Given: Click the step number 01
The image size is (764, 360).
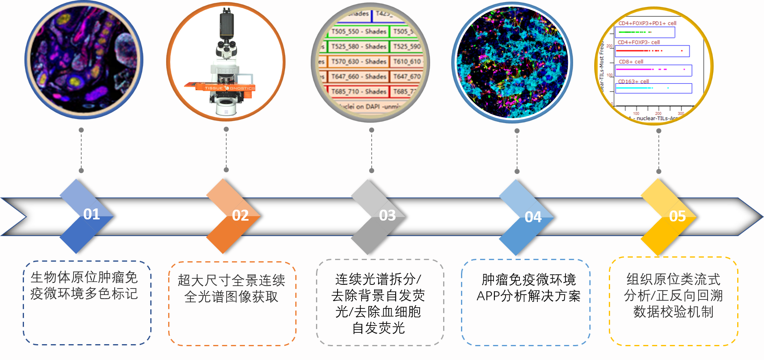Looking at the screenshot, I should (x=91, y=214).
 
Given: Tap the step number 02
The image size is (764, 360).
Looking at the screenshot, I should (x=240, y=215).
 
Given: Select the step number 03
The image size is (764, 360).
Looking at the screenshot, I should (x=387, y=215).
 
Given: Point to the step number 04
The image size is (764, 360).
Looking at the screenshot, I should (x=533, y=217).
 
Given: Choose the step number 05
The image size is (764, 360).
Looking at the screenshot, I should (x=677, y=216).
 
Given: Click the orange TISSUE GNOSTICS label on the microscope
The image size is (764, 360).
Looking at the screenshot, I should (x=229, y=88).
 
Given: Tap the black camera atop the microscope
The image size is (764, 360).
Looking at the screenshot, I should (x=227, y=24).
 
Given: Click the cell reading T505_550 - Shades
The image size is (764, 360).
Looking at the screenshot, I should (x=359, y=31).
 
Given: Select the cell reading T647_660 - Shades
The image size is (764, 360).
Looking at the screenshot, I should (x=359, y=76).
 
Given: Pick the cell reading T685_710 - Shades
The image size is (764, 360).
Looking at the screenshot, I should (x=359, y=91).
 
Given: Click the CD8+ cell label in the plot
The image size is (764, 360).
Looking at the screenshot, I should (x=631, y=62).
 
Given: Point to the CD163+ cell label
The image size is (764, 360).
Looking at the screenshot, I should (x=633, y=81).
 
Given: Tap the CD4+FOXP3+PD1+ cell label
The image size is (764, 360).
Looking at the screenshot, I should (x=647, y=23).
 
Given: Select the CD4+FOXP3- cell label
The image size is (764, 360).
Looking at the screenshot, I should (x=638, y=42).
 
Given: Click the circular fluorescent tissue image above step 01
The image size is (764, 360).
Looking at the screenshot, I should (x=84, y=60).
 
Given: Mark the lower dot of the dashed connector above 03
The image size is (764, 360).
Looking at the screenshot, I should (x=372, y=171).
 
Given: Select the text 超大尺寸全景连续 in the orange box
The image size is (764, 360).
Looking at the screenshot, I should (x=232, y=280).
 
